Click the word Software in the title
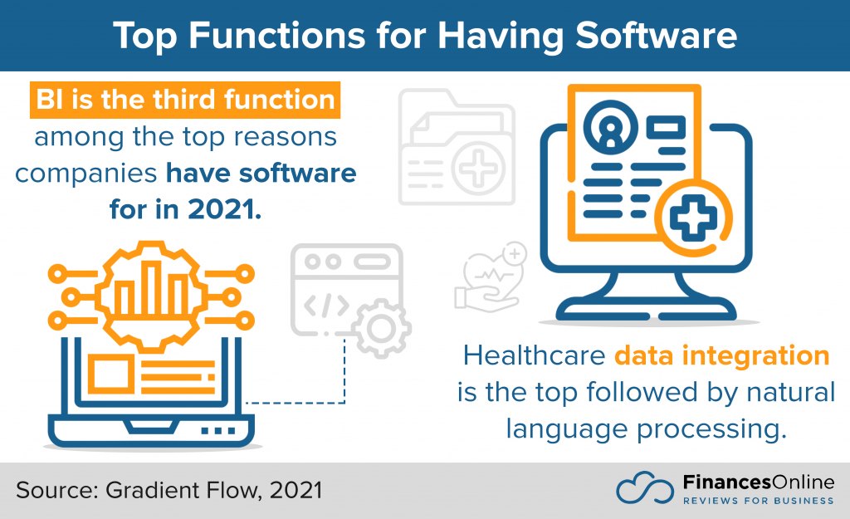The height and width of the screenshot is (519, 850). coord(656,35)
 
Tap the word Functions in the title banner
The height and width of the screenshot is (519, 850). coord(277,35)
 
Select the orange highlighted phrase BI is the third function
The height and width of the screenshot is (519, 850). coord(185,100)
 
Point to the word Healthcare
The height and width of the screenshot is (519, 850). coord(534,355)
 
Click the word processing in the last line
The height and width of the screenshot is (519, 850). coord(711,429)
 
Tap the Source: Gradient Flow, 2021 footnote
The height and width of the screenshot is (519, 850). coord(169,490)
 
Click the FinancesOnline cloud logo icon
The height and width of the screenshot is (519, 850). coord(644,487)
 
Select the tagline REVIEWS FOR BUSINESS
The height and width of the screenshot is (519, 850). coord(759,501)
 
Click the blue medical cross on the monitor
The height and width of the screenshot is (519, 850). coord(693,218)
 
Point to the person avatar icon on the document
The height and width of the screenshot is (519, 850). coord(610,127)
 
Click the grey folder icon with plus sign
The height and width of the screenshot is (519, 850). coord(457,147)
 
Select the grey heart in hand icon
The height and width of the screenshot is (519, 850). coord(491,277)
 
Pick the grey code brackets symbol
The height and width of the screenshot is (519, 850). coord(326,306)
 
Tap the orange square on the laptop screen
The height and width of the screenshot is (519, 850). coord(110,374)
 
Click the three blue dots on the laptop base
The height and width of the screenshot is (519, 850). coord(218,431)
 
